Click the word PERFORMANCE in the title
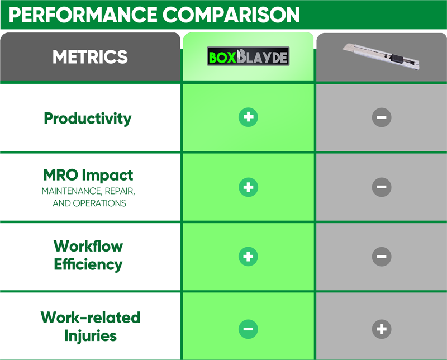pos(83,15)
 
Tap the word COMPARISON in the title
pos(231,15)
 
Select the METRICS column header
pos(90,57)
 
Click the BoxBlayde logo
pos(248,56)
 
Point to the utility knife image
pos(381,56)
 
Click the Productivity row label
pos(88,119)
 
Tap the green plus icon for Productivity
pos(248,117)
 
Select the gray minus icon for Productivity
pos(382,117)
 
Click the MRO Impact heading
pos(88,175)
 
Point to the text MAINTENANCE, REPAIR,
pos(88,191)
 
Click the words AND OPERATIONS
pos(89,203)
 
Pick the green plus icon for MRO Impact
pos(248,187)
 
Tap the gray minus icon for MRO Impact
pos(382,187)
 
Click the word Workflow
pos(88,246)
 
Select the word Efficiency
pos(88,264)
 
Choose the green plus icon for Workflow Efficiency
pos(248,257)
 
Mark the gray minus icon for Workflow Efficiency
pos(382,257)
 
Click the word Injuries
pos(91,336)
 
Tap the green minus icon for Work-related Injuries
pos(248,329)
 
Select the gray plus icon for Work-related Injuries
pos(382,329)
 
